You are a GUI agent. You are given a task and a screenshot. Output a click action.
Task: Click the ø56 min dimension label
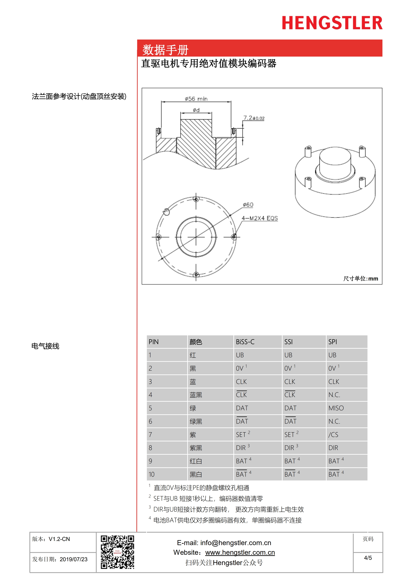[x=196, y=99]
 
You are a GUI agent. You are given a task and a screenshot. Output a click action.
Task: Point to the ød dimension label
[x=196, y=110]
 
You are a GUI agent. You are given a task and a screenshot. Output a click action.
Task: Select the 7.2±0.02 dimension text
[x=254, y=118]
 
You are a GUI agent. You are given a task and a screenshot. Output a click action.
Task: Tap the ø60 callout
[x=248, y=205]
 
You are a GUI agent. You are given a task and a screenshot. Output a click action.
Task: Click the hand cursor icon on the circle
[x=166, y=212]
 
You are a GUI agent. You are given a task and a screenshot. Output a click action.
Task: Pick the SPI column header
[x=333, y=342]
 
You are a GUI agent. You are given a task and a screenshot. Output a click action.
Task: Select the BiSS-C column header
[x=245, y=342]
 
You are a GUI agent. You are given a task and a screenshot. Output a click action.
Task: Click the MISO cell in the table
[x=336, y=408]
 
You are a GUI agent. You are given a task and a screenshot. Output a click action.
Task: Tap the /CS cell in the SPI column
[x=333, y=435]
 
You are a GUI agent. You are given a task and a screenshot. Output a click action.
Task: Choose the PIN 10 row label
[x=152, y=474]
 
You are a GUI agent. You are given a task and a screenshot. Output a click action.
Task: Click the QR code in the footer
[x=117, y=552]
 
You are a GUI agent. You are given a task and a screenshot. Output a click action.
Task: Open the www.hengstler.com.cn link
[x=240, y=553]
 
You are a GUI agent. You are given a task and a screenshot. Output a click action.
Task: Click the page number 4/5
[x=368, y=558]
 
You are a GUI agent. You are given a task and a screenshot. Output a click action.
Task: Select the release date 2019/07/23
[x=73, y=559]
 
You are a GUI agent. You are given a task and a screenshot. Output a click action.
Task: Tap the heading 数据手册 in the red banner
[x=165, y=50]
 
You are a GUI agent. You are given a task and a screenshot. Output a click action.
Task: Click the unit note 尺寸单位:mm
[x=360, y=279]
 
